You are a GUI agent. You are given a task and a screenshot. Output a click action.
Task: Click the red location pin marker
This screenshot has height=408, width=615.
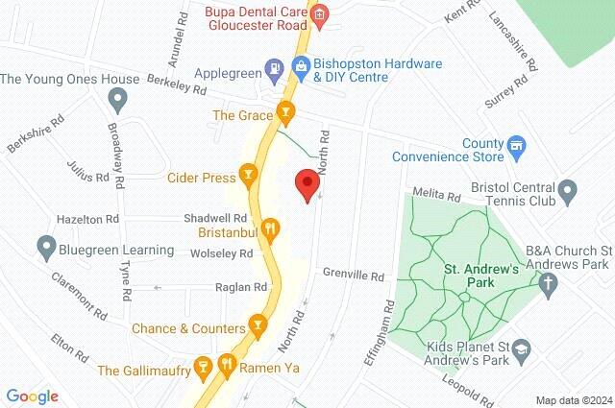(x=307, y=183)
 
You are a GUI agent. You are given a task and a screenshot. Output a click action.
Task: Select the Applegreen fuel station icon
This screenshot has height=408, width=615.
(x=275, y=68)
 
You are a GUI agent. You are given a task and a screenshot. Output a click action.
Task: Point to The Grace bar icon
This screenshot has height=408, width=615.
(x=283, y=114)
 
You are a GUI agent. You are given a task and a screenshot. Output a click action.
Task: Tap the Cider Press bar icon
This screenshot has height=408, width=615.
(x=249, y=175)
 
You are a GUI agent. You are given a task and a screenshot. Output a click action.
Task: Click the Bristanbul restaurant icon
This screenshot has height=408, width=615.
(x=270, y=228)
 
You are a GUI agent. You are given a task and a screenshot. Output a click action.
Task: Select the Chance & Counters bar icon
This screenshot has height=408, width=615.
(x=258, y=326)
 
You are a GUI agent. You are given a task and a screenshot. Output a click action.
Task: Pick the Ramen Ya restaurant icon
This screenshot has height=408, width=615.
(x=227, y=365)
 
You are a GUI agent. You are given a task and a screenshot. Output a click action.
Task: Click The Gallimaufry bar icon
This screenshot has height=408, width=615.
(x=203, y=367)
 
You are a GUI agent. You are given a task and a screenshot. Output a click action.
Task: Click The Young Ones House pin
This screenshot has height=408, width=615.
(x=117, y=98)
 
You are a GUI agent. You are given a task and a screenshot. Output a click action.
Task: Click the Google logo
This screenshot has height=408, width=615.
(x=32, y=396)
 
